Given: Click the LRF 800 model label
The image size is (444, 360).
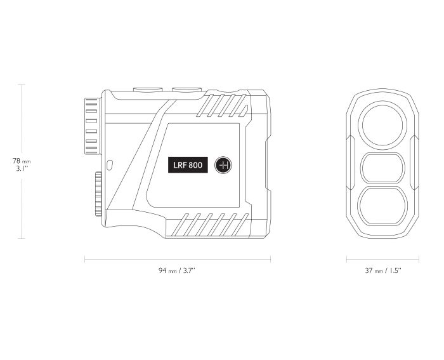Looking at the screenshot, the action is click(x=188, y=164).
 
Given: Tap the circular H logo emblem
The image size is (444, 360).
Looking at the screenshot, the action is click(x=223, y=165).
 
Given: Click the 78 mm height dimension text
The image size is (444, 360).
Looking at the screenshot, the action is click(x=22, y=161).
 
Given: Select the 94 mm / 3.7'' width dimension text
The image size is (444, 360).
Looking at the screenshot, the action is click(x=177, y=270).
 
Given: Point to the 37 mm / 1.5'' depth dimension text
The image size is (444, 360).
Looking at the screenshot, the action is click(x=383, y=270).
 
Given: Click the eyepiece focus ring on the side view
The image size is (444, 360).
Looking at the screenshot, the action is click(x=93, y=126).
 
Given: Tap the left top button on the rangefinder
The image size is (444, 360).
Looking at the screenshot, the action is click(x=148, y=90).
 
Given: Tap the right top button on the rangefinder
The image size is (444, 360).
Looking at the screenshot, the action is click(x=187, y=90).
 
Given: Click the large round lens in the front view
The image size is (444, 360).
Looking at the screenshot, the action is click(x=382, y=125).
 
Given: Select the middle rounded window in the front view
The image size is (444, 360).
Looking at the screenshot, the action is click(x=382, y=168).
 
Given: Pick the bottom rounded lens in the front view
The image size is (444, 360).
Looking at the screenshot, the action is click(x=382, y=206).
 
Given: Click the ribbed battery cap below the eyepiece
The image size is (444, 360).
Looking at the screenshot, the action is click(x=98, y=194).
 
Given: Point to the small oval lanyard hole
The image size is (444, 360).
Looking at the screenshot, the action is click(x=110, y=165).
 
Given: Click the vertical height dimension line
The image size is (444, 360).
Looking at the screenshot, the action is click(x=22, y=123).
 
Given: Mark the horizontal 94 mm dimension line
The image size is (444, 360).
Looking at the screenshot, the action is click(x=178, y=259).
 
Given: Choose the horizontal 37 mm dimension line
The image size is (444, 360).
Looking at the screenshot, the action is click(x=382, y=259).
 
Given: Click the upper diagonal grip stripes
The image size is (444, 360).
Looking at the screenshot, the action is click(x=222, y=105).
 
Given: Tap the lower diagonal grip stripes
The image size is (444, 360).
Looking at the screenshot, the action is click(x=211, y=225).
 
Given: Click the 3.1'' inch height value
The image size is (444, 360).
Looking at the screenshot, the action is click(x=22, y=168).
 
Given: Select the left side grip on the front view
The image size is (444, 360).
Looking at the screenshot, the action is click(x=350, y=163).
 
